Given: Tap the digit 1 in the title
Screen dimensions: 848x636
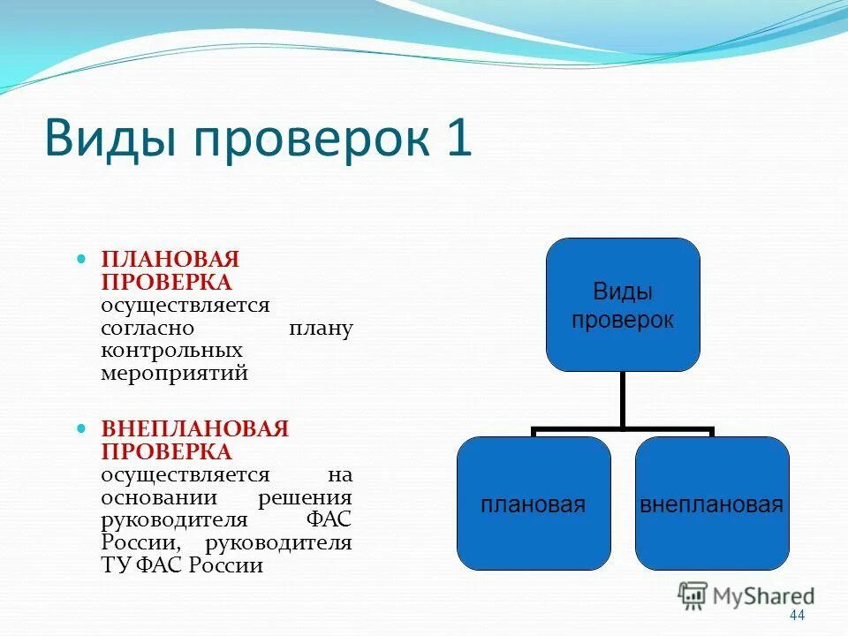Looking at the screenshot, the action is tap(458, 139).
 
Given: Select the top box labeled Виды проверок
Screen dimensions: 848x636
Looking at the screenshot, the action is tap(622, 305).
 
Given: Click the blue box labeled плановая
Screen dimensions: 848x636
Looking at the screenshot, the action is tap(534, 504).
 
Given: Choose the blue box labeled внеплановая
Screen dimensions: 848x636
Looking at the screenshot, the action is tap(711, 504).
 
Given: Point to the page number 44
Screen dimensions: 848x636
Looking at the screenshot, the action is tap(798, 616).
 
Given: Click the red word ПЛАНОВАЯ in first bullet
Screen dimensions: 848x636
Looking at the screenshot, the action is tap(170, 260).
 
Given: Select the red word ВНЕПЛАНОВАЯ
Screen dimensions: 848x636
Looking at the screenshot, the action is tap(195, 429).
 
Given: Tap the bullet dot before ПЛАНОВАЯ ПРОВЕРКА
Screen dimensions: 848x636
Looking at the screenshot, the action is tap(81, 261).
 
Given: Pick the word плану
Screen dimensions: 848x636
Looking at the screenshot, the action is tap(321, 329).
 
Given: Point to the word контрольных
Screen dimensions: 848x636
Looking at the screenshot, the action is tap(171, 351).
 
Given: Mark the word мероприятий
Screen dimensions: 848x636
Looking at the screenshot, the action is tap(174, 373).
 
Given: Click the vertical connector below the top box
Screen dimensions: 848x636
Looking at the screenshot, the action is tap(622, 399).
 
